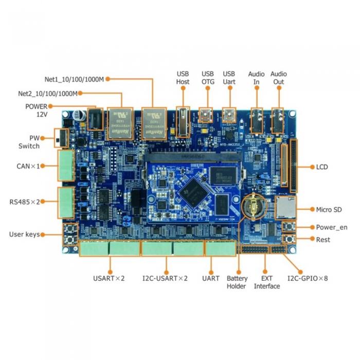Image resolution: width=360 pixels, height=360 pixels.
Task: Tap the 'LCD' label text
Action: point(322,167)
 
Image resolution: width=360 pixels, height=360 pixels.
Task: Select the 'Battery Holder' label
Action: point(237,282)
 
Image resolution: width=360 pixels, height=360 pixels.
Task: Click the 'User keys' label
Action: point(24,235)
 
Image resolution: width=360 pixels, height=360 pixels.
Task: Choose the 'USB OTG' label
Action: point(208,78)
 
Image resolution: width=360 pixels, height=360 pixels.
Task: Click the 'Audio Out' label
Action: point(279,78)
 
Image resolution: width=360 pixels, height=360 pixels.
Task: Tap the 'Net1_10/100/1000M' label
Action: point(74,79)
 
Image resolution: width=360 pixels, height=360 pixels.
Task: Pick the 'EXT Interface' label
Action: point(267,282)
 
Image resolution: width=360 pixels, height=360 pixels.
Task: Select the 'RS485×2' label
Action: point(25,201)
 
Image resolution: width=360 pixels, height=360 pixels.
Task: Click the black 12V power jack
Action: point(94,120)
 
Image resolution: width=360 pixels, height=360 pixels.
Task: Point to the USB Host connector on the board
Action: point(183,121)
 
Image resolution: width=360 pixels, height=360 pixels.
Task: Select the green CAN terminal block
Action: point(65,166)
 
